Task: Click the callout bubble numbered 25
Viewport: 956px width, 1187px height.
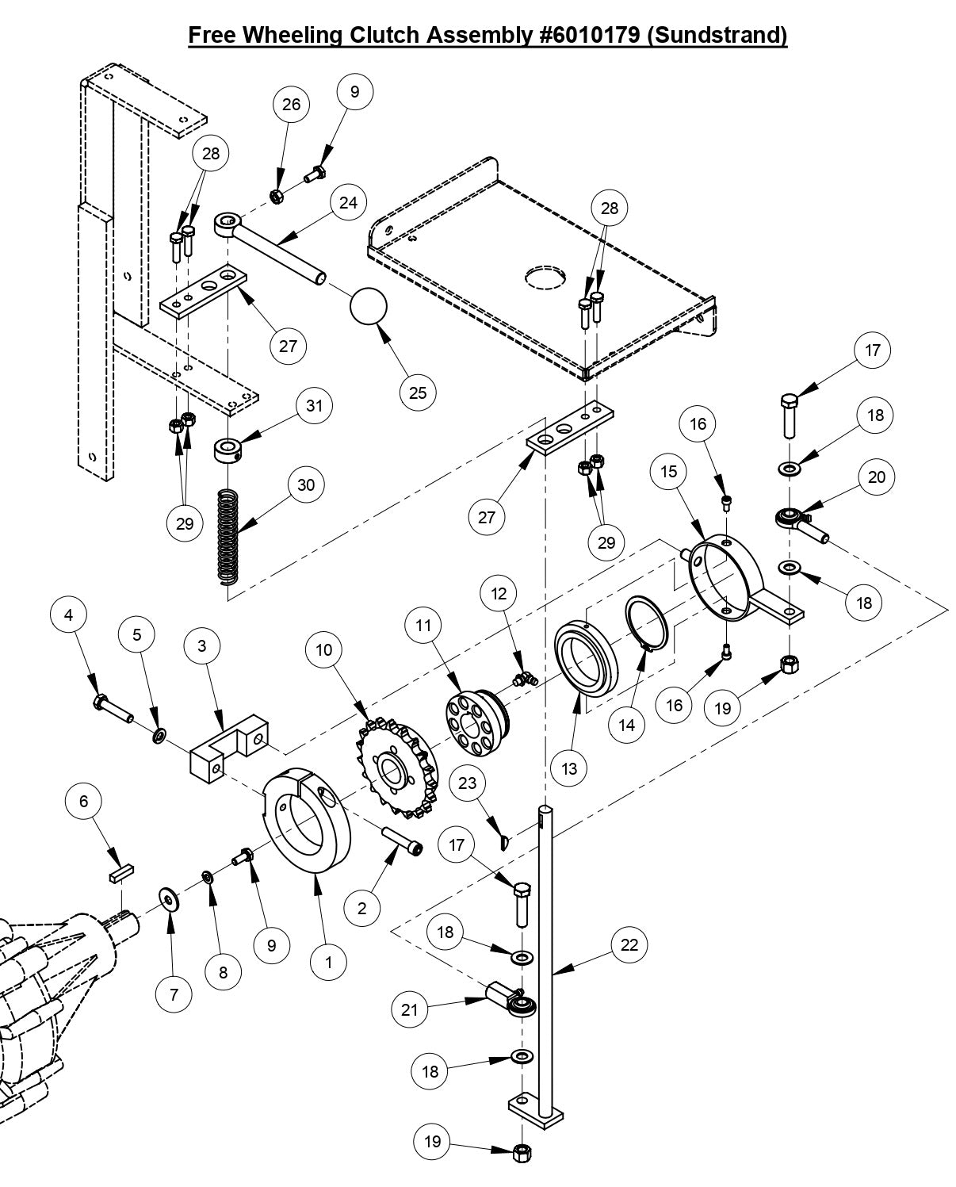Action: (417, 392)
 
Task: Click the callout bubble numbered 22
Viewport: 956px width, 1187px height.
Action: (629, 944)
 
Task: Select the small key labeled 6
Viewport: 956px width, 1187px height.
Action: (120, 874)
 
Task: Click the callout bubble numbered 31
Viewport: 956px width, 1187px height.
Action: (315, 405)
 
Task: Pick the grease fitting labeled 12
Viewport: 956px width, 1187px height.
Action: (523, 679)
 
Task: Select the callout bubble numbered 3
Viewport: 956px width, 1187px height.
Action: (201, 645)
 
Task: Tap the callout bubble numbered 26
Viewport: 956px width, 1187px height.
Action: (291, 105)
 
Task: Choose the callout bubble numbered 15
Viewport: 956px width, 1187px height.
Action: (668, 471)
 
